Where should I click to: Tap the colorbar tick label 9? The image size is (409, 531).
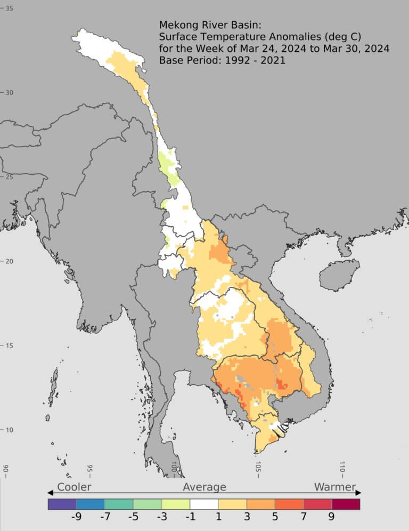click(x=331, y=517)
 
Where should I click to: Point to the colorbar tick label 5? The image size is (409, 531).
click(x=274, y=517)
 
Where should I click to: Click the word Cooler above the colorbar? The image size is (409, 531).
click(x=74, y=487)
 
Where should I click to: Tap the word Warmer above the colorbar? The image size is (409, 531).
click(x=334, y=487)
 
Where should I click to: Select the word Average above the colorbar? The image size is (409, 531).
click(x=204, y=487)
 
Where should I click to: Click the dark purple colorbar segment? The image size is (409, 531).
click(x=62, y=504)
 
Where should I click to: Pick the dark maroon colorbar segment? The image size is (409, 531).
click(x=346, y=504)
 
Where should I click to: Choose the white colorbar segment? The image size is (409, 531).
click(x=204, y=504)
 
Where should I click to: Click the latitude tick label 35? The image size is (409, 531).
click(x=9, y=9)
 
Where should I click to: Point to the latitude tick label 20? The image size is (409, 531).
click(x=9, y=261)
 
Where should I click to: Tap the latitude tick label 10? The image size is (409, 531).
click(x=9, y=430)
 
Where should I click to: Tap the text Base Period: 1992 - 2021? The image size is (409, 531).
click(x=222, y=60)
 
